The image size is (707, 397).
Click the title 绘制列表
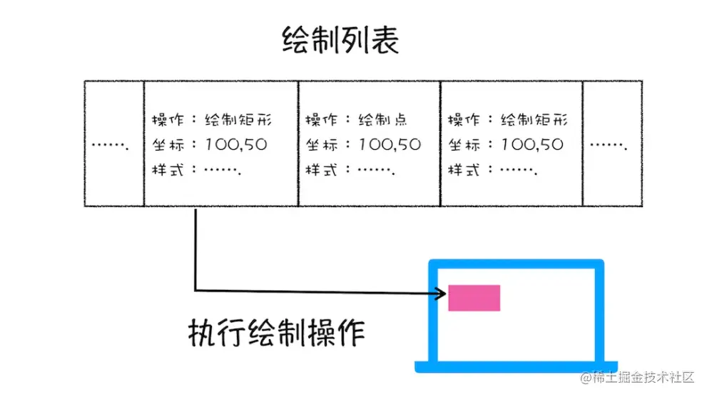coord(340,42)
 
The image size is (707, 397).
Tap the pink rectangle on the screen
coord(474,298)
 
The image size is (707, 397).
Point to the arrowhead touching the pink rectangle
coord(442,291)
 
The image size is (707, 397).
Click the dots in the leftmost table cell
coord(111,146)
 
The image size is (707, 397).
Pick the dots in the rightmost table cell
coord(610,146)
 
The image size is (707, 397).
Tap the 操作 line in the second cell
coord(212,120)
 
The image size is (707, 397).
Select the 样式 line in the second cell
coord(196,170)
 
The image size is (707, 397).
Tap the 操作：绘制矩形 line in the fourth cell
coord(508,120)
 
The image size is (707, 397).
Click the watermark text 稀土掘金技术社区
coord(642,377)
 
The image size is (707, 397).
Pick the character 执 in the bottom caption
coord(201,332)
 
